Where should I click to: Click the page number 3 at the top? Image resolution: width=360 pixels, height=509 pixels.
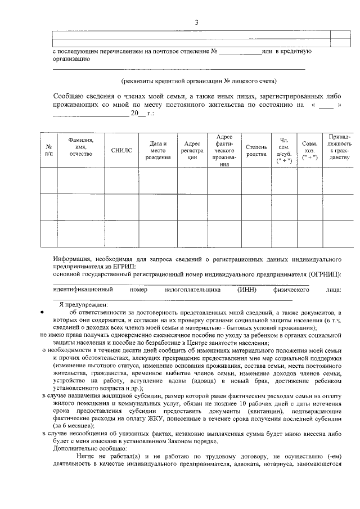pos(196,22)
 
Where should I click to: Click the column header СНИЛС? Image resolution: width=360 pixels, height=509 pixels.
pos(121,150)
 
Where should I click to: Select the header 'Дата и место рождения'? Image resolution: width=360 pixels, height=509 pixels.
pos(157,150)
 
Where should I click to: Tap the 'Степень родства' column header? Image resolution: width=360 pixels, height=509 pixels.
pos(256,150)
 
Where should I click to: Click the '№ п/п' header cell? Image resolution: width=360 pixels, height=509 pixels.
pos(48,150)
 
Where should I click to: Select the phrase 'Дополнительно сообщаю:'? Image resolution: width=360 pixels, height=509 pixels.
pos(84,449)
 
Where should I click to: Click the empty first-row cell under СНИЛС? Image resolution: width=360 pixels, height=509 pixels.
pos(121,180)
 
